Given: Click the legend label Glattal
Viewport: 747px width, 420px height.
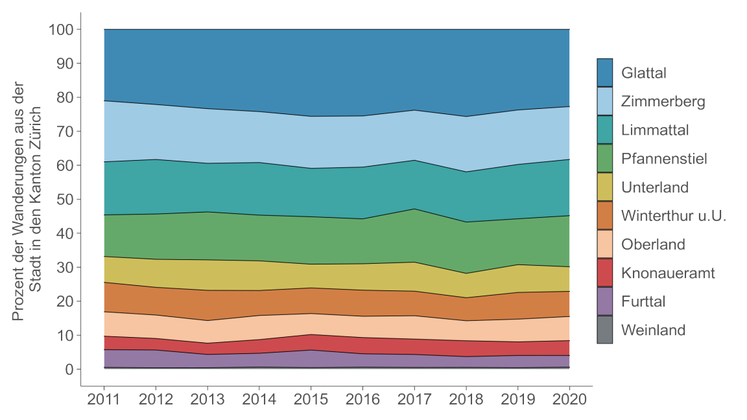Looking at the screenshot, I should (643, 73).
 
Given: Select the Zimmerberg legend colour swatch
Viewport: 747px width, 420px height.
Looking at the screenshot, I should (604, 101).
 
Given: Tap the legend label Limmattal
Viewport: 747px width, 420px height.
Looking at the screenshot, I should (654, 130).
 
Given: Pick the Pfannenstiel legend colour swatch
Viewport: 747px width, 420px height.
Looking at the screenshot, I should (604, 158).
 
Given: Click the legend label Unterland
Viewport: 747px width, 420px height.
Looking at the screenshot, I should (654, 187).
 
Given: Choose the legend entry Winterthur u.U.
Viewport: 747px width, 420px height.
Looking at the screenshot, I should (673, 216).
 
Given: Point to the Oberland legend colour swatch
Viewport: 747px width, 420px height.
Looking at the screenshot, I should (604, 244).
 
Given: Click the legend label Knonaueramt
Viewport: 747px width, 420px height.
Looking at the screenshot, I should (667, 273).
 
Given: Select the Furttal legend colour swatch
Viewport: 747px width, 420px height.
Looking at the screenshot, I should (604, 301).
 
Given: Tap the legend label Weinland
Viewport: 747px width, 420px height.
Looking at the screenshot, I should (653, 330).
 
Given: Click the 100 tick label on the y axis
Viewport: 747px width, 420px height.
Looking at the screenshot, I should (64, 30).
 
